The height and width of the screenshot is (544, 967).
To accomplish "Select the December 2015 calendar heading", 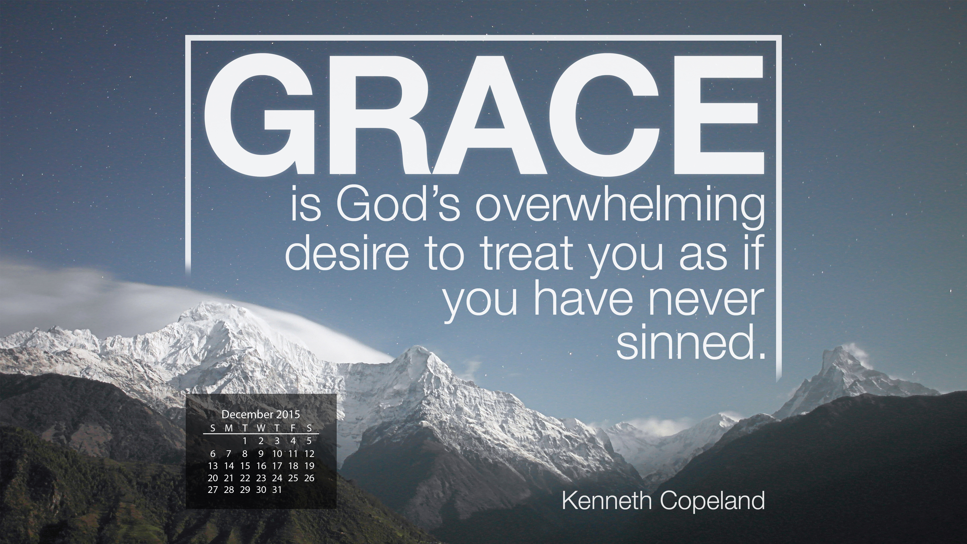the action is [261, 415].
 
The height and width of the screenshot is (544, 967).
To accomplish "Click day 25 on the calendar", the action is [293, 478].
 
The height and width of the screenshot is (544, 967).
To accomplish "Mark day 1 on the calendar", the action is [245, 441].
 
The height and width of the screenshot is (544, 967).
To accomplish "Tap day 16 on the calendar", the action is [261, 466].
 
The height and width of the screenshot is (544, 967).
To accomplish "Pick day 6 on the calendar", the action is [212, 453].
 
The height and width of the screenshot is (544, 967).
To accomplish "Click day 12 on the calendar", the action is [309, 453].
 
